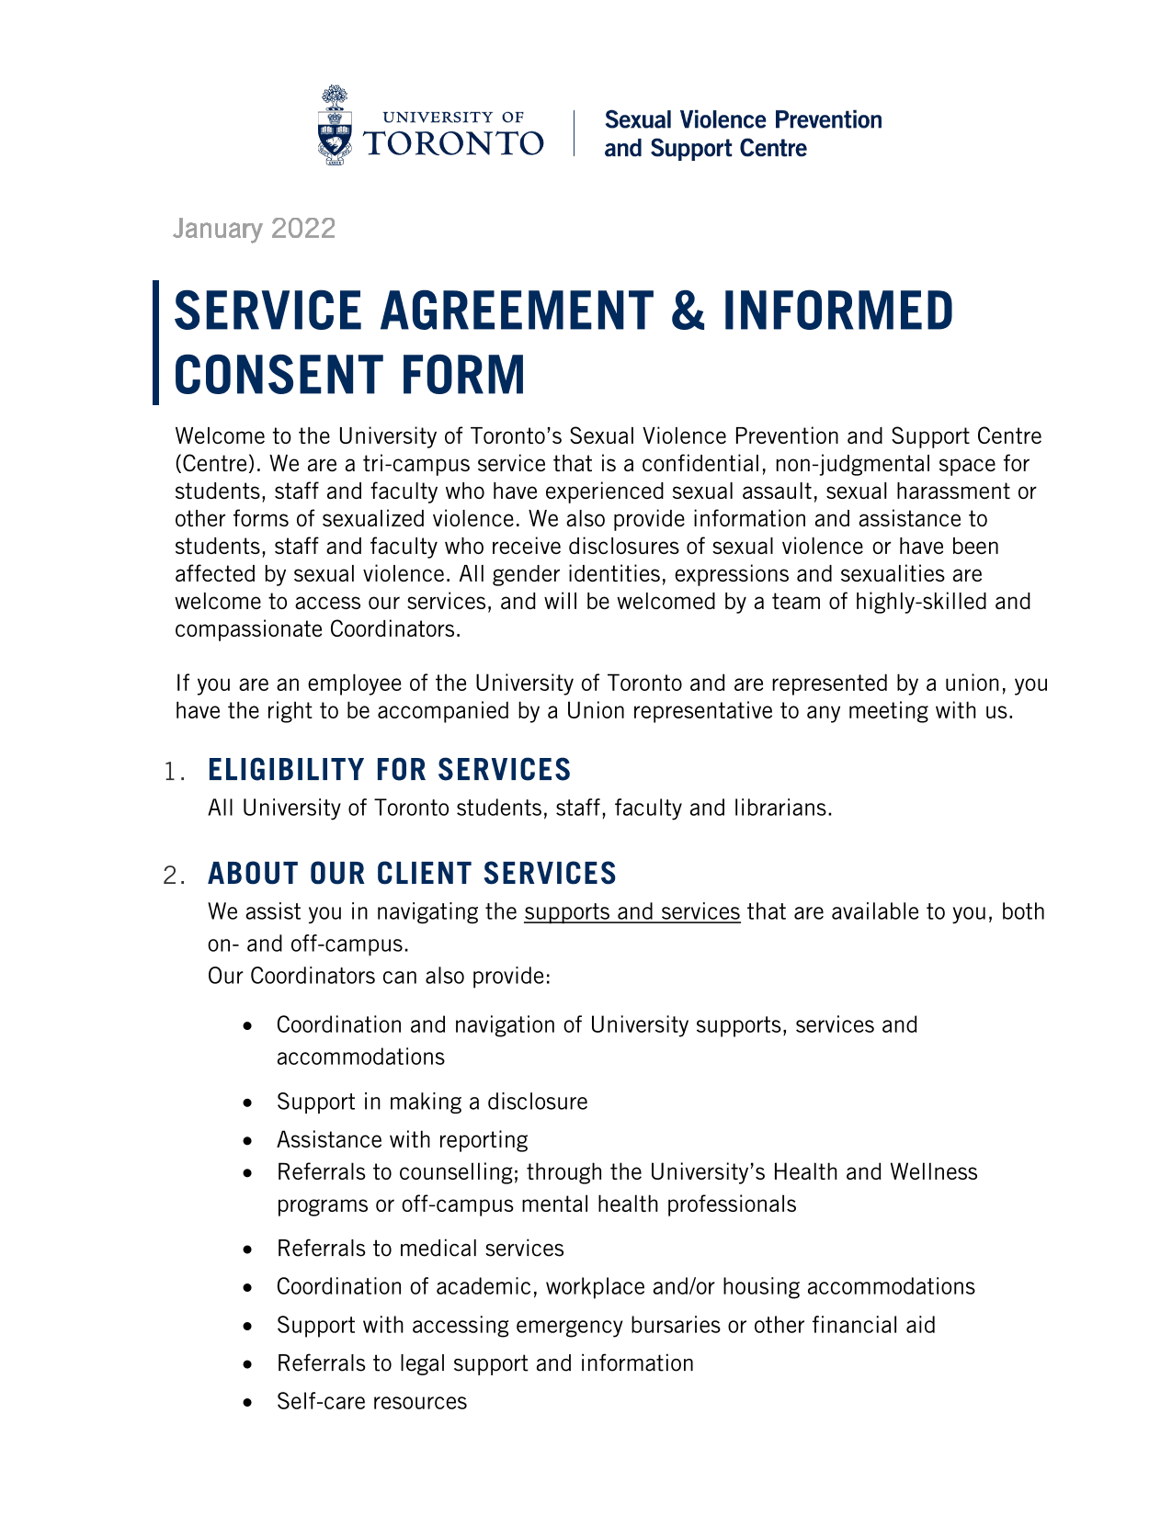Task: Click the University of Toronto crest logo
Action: [336, 125]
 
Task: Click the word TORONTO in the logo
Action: [454, 142]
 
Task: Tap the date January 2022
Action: [255, 229]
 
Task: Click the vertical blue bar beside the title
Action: [156, 343]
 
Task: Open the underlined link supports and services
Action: [632, 911]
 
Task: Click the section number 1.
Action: [173, 772]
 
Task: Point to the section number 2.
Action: [173, 876]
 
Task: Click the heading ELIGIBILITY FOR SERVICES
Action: [390, 770]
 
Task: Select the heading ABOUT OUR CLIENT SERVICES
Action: [412, 874]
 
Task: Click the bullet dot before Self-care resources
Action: [247, 1403]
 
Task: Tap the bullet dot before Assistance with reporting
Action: [247, 1141]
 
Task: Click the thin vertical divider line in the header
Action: [575, 133]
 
